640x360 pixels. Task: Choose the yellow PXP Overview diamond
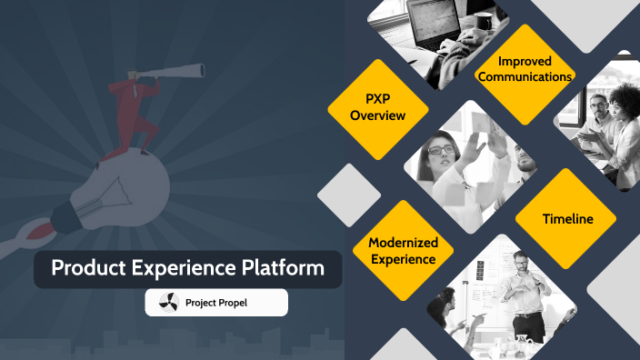click(378, 107)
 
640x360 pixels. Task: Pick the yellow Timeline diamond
click(567, 218)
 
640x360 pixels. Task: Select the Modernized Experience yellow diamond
click(403, 250)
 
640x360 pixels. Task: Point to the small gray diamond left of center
click(348, 195)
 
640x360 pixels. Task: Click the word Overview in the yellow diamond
click(378, 115)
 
